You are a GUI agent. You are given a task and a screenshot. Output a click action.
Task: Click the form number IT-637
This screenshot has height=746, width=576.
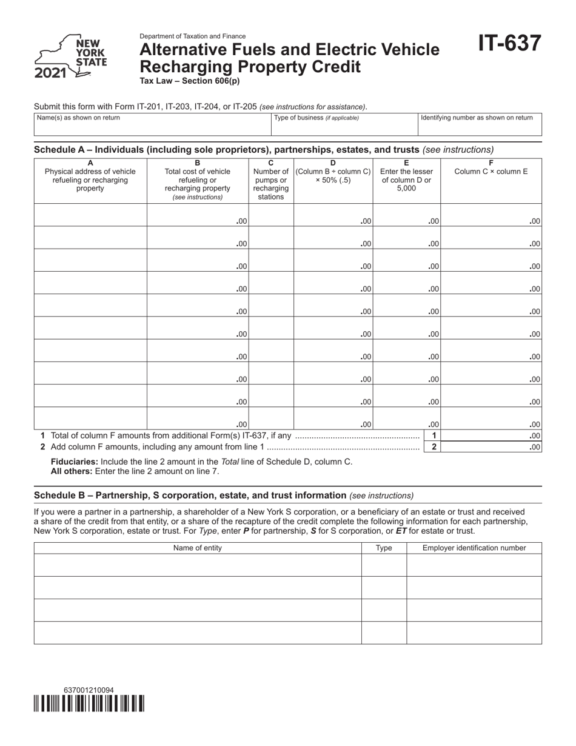pos(509,44)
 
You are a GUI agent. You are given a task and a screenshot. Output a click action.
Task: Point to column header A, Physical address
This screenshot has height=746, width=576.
pos(90,176)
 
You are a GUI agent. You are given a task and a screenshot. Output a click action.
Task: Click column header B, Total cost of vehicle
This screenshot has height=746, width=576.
pos(197,180)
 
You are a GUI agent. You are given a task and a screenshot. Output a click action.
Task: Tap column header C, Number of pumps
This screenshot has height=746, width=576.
pos(270,180)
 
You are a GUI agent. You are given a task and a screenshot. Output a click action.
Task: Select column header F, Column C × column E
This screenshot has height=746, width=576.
pos(491,167)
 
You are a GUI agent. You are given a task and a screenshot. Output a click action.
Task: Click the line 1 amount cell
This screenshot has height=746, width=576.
pos(491,435)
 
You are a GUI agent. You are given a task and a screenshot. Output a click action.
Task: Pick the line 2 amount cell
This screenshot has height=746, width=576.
pos(491,447)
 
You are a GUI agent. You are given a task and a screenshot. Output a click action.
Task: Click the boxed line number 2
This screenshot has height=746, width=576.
pos(434,447)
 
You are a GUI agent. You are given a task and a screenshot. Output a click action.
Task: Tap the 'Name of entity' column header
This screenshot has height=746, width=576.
pos(198,548)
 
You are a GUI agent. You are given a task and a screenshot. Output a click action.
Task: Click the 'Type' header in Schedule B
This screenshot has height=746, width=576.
pos(384,548)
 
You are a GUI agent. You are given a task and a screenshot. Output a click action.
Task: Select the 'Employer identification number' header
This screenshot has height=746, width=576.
pos(474,548)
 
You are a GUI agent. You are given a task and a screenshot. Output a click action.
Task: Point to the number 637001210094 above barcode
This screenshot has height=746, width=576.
pos(89,690)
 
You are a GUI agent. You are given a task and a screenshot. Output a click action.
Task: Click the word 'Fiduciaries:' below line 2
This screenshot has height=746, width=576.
pos(75,462)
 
